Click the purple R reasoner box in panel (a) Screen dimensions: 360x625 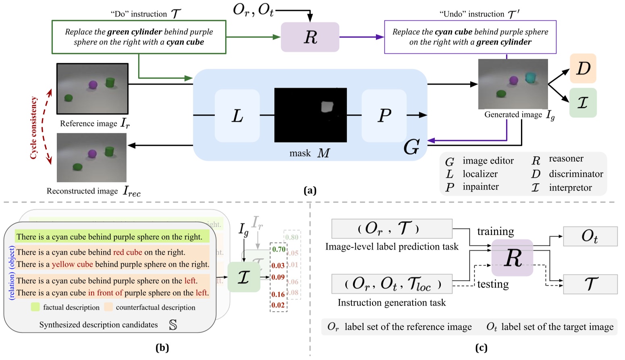coord(309,37)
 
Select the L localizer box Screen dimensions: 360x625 coord(237,116)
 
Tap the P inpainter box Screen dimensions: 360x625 coord(384,116)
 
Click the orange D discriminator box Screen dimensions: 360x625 coord(583,68)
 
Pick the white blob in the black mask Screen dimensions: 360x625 coord(327,107)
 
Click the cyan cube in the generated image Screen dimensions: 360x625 coord(531,77)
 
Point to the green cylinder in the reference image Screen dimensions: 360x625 coord(110,83)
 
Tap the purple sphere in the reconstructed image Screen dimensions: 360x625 coord(92,153)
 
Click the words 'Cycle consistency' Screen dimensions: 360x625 coord(34,128)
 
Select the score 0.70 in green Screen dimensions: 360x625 coord(278,249)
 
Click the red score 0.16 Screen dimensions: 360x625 coord(278,294)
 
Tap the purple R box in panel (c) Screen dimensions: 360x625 coord(512,258)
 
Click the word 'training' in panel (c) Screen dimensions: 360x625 coord(495,232)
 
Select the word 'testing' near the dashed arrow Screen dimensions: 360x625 coord(493,284)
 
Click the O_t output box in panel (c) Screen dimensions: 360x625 coord(590,236)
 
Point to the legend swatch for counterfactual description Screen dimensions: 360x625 coord(108,307)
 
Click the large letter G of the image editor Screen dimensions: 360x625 coord(411,147)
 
